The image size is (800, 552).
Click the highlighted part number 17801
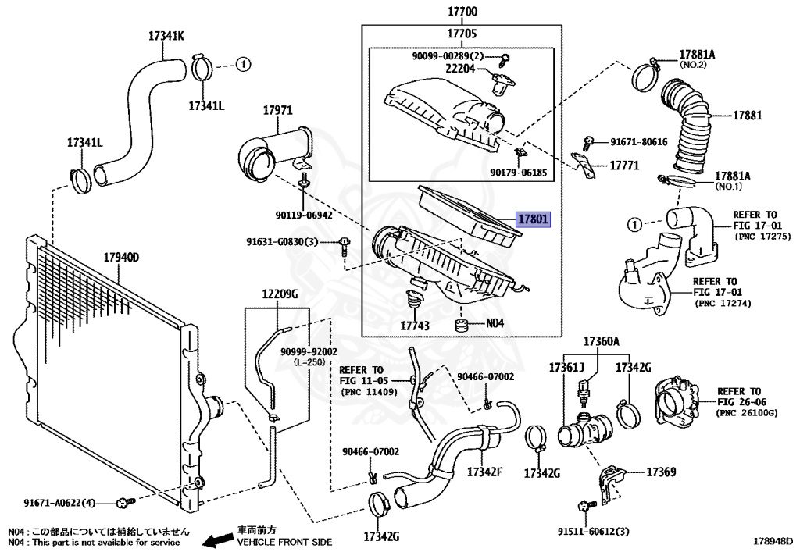click(x=532, y=220)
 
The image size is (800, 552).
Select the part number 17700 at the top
click(x=462, y=12)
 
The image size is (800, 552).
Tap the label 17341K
click(x=166, y=35)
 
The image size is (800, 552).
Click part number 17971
click(x=277, y=111)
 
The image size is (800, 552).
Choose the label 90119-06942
click(x=303, y=214)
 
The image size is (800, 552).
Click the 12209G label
click(x=280, y=294)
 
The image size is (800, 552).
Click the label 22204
click(x=461, y=69)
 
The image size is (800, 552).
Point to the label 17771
click(x=624, y=166)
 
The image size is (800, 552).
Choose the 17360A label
click(x=601, y=341)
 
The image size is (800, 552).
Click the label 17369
click(x=661, y=472)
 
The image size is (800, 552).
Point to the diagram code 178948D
click(x=773, y=540)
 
